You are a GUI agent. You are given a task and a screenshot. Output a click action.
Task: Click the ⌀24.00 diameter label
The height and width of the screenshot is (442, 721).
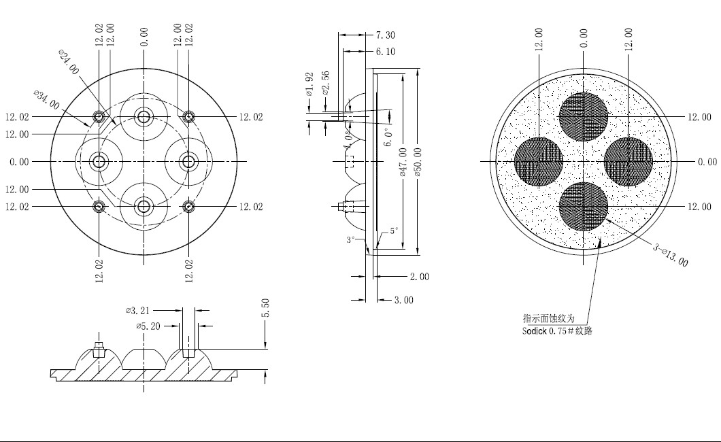69,62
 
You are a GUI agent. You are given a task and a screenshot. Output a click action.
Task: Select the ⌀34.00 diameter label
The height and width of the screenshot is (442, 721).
46,100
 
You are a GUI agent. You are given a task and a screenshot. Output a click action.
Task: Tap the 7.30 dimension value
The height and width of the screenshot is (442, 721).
386,35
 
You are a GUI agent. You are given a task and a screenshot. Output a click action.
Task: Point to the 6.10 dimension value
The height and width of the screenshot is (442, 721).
386,52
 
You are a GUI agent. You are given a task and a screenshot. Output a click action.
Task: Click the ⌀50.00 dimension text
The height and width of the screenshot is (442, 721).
418,163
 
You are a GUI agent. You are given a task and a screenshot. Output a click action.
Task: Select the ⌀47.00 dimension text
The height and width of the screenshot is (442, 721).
403,163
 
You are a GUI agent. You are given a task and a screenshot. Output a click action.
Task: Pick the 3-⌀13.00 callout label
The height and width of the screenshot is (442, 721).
671,254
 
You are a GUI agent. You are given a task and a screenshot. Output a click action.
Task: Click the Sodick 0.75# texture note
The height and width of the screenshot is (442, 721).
557,330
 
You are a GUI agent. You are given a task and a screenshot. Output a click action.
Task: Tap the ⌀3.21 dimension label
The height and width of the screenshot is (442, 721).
137,311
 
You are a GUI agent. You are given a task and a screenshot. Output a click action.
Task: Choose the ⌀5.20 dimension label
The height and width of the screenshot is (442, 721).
148,326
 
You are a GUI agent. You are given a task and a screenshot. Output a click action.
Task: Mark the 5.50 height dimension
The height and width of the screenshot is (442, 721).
265,308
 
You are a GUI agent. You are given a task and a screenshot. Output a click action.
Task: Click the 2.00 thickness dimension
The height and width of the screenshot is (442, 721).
420,277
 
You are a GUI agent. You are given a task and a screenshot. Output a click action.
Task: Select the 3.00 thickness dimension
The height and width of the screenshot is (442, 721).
404,301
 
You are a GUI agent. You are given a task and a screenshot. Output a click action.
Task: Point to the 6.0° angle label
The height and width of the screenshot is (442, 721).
389,137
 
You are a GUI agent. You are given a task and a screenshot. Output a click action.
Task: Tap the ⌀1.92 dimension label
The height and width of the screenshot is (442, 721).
309,84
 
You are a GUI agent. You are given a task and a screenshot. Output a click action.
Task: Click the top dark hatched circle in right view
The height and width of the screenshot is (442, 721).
584,117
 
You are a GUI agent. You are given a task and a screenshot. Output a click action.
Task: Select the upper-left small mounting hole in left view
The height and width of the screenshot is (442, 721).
99,117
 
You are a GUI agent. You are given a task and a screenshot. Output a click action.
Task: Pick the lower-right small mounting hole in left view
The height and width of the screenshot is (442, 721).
188,207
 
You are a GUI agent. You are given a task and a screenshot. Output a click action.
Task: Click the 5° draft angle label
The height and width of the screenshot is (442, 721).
394,231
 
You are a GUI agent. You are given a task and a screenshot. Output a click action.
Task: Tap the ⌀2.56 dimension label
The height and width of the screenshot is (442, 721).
326,83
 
